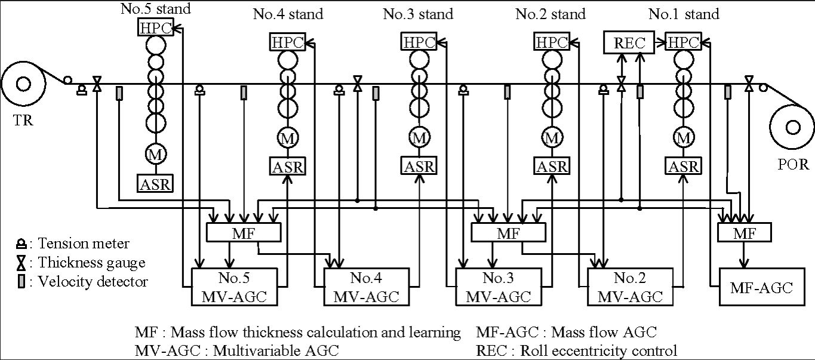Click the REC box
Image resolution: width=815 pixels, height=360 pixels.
[x=629, y=42]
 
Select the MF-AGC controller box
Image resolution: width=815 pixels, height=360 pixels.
[x=762, y=287]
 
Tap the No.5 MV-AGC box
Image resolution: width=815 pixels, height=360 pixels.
[x=234, y=287]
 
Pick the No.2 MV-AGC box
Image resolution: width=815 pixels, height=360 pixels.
[x=630, y=287]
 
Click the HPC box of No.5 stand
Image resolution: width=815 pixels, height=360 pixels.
[x=156, y=27]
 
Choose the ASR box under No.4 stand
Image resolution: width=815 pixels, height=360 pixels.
[x=287, y=167]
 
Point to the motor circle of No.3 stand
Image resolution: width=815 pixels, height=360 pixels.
[x=420, y=138]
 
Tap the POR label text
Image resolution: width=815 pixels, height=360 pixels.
[x=793, y=164]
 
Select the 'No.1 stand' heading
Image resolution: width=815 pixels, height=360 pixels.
[x=684, y=14]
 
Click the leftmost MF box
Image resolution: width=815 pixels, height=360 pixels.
[x=244, y=233]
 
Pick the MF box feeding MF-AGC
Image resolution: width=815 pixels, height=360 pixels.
[x=745, y=233]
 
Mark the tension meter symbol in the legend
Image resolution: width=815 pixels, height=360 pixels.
[x=21, y=244]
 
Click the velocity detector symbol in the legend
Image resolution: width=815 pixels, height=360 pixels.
[x=21, y=281]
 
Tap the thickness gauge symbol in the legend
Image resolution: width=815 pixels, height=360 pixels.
[x=21, y=263]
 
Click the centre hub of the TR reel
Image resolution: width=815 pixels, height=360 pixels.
[x=24, y=84]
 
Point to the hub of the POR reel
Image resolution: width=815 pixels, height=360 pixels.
[x=793, y=128]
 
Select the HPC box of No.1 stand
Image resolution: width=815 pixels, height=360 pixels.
[x=683, y=42]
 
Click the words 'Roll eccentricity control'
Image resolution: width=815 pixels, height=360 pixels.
[x=598, y=351]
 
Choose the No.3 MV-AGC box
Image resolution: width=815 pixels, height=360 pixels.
[x=499, y=287]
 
